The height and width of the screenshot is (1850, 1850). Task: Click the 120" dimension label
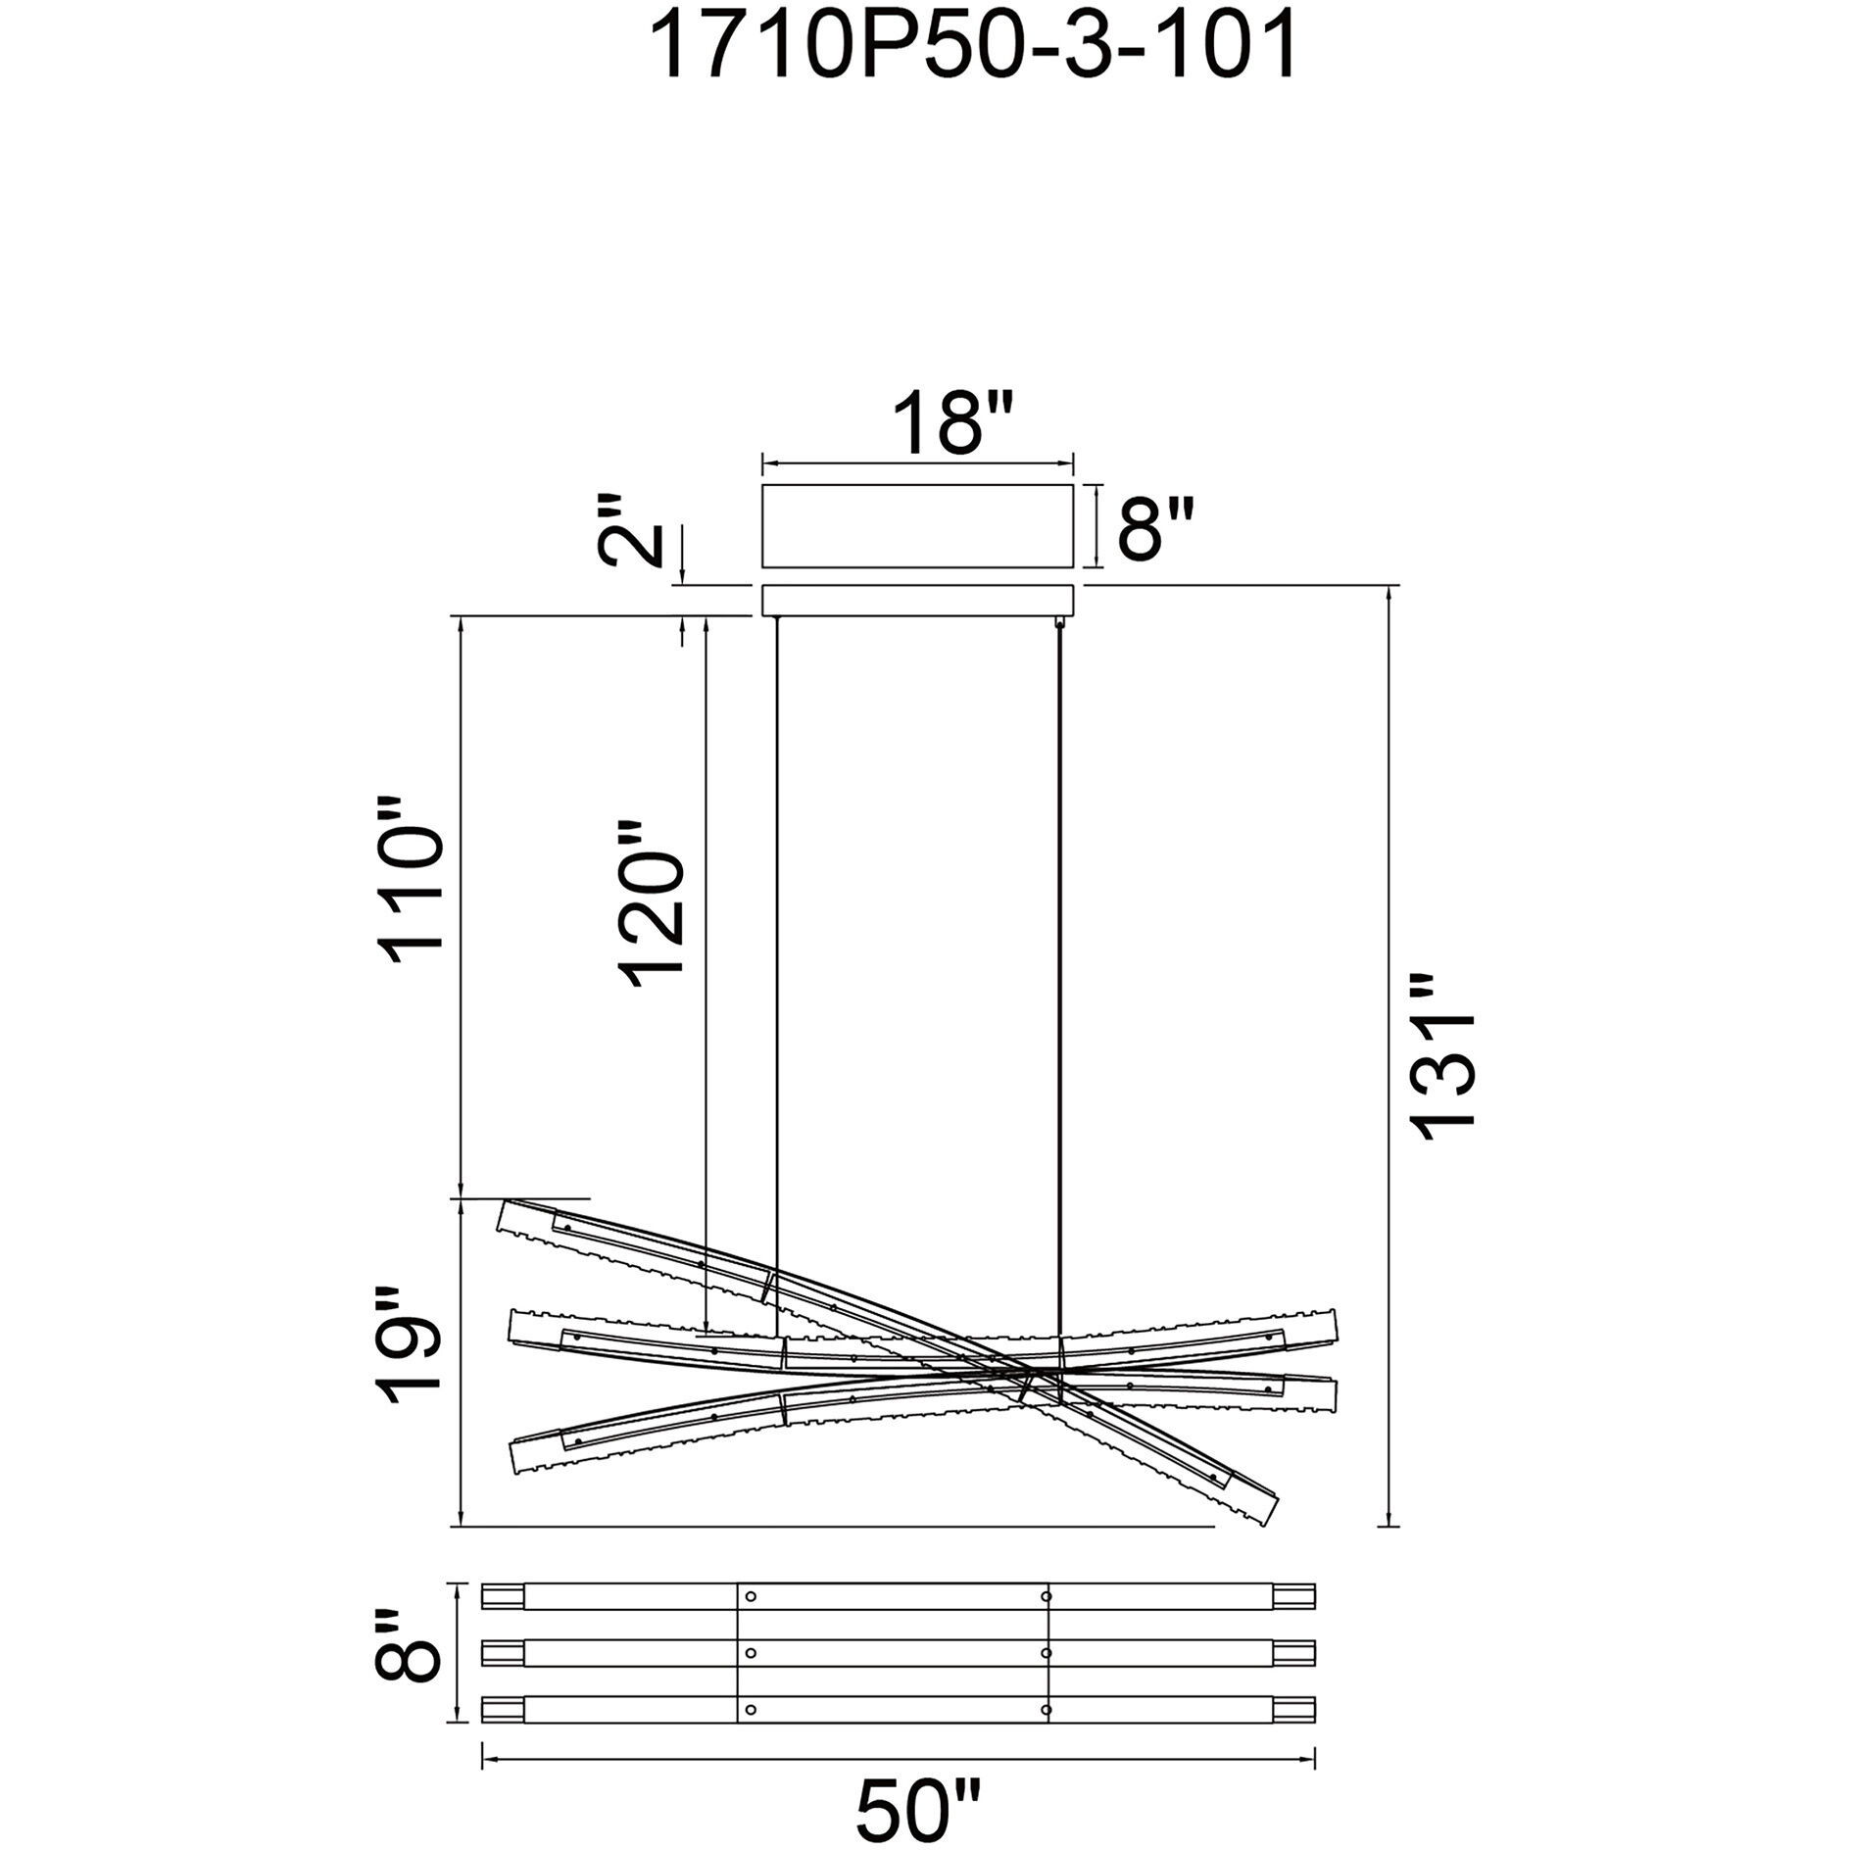point(649,903)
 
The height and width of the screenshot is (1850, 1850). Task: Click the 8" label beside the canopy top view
point(1157,529)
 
